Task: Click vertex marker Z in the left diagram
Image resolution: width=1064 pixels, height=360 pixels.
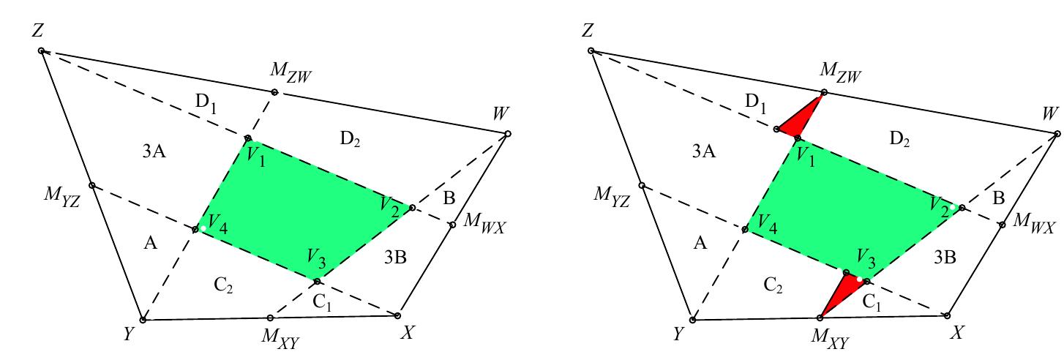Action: point(42,50)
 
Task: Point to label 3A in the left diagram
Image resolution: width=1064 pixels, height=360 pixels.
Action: point(154,151)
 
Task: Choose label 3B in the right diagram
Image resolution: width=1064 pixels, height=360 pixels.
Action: point(945,257)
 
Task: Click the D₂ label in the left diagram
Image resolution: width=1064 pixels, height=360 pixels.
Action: point(349,138)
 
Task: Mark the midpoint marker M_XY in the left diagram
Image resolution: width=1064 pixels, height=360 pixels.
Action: point(271,318)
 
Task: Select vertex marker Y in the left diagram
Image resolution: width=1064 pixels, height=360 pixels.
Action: point(143,320)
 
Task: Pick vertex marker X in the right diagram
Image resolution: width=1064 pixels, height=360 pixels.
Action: point(947,315)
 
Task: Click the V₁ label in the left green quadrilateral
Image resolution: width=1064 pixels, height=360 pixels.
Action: point(255,155)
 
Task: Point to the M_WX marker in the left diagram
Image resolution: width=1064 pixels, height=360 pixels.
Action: point(452,224)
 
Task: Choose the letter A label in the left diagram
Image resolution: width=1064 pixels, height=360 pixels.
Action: point(151,244)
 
